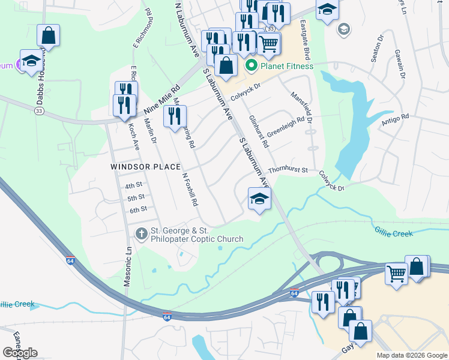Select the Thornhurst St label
tap(288, 170)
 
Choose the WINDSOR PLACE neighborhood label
tap(146, 166)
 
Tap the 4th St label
tap(133, 185)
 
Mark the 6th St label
tap(138, 209)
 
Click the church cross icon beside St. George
tap(141, 233)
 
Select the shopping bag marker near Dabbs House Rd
tap(48, 35)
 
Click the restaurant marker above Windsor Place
tap(175, 117)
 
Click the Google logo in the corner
tap(20, 353)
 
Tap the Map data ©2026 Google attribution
tap(411, 355)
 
